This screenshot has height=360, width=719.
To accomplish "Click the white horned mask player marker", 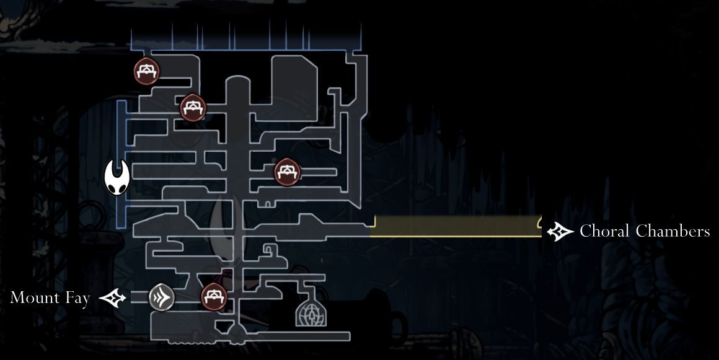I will click(117, 177).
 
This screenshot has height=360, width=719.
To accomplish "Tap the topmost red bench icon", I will click(146, 71).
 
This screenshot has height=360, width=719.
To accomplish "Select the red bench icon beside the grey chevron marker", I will click(214, 296).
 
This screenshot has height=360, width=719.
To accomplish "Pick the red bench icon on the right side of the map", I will click(287, 172).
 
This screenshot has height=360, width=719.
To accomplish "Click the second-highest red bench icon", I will click(193, 108).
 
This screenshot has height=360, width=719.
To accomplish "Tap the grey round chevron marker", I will click(162, 298).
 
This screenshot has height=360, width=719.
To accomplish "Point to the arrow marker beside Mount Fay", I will click(113, 299).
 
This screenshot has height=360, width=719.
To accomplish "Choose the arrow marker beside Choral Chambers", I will click(560, 232).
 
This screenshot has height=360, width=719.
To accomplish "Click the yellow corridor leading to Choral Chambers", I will click(456, 226).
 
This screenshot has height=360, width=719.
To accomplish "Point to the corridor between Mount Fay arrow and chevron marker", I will click(139, 298).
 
